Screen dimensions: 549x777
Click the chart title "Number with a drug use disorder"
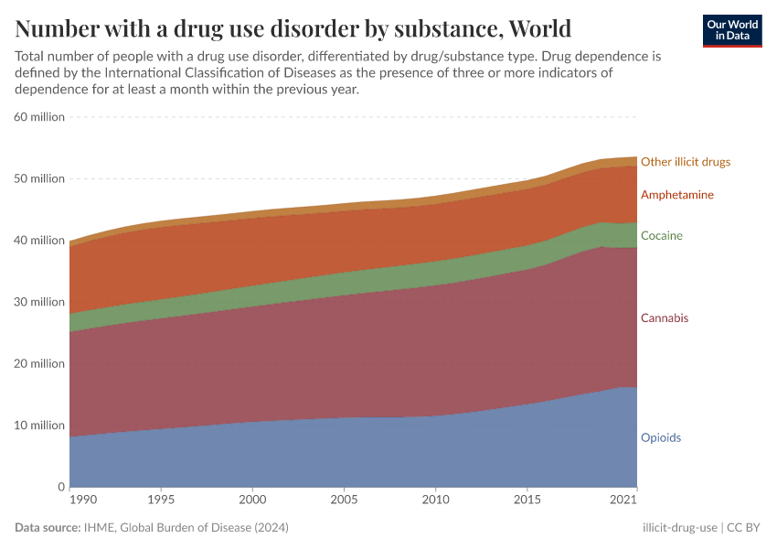click(293, 27)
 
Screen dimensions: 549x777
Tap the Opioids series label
click(660, 437)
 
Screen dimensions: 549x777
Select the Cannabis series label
click(665, 318)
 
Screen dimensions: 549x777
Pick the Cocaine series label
click(662, 235)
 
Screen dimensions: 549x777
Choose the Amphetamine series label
click(676, 195)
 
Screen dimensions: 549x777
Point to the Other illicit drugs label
click(685, 162)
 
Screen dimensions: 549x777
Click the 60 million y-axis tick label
click(39, 117)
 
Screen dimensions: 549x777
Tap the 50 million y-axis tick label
click(39, 178)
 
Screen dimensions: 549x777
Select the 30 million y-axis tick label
click(39, 302)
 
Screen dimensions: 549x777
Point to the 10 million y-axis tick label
click(39, 425)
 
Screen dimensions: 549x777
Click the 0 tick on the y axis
click(59, 487)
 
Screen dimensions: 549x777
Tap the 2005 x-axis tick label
click(344, 501)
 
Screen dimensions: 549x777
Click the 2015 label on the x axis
click(527, 501)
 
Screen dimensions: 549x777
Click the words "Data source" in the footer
click(48, 528)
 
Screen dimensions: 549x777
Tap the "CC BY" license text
click(744, 528)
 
